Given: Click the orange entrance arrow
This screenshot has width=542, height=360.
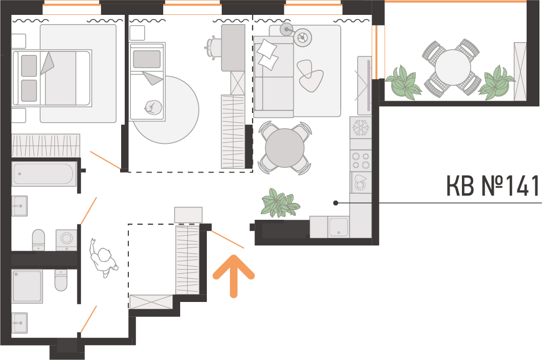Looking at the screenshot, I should pos(234,275).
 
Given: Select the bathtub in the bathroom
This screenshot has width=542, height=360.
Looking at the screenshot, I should pos(44,174).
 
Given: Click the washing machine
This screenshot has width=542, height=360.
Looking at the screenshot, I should pos(66,239).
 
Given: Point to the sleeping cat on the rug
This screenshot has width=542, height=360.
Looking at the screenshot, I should pos(152,108).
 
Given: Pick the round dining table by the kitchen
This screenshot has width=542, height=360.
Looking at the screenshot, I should pos(284,148).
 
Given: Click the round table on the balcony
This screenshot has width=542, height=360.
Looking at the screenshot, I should pos(453,67).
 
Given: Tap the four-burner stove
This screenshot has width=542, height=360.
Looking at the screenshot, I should pos(360,161).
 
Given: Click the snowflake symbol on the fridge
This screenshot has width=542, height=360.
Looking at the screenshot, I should pos(360,128).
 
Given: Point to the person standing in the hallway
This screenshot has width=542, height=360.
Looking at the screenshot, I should pos(103,257).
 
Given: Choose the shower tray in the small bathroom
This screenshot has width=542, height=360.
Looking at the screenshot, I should pos(27,286).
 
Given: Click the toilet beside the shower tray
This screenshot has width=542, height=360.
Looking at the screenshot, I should pos(61,280).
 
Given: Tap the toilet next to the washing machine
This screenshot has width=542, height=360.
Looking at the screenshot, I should pos(38,240).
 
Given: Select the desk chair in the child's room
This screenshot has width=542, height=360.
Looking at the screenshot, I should pos(211,48).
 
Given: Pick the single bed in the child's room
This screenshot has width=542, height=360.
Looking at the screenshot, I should pos(147,82).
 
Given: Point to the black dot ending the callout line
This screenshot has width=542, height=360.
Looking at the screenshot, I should pos(335,203).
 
